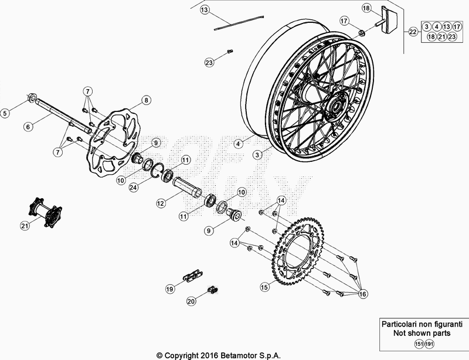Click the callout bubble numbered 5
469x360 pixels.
pyautogui.click(x=5, y=113)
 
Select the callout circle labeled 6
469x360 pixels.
pyautogui.click(x=26, y=125)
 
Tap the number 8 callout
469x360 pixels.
pyautogui.click(x=145, y=100)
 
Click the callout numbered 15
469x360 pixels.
pyautogui.click(x=264, y=287)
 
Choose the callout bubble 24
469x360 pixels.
pyautogui.click(x=134, y=188)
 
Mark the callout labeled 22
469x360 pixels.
pyautogui.click(x=413, y=32)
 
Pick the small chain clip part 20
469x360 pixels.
pyautogui.click(x=214, y=289)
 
